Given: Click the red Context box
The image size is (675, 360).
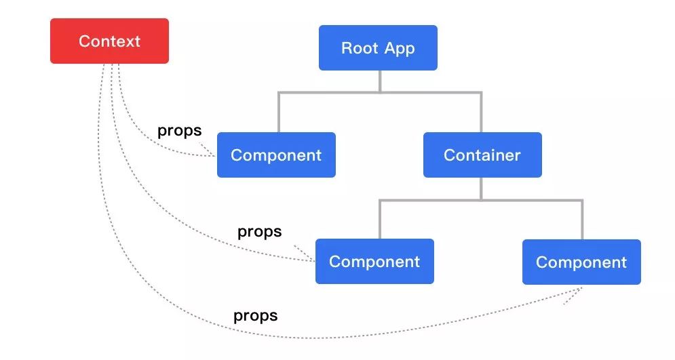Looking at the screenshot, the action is point(109,41).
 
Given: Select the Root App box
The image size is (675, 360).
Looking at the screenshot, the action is point(378,47).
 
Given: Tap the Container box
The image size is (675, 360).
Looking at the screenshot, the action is point(482,155).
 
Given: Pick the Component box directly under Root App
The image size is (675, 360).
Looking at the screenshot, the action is point(276,155).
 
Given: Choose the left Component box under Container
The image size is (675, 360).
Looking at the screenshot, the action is point(374,261).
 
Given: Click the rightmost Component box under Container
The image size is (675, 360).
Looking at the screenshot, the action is point(581,262).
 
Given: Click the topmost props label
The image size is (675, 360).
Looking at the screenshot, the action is point(180,131).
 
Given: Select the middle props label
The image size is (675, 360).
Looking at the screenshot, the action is point(260,232).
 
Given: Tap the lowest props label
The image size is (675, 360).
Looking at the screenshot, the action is point(256,316).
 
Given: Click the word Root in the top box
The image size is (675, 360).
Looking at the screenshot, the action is point(360,47).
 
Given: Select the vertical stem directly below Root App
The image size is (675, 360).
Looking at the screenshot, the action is point(380,81).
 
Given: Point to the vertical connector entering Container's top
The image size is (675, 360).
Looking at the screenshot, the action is point(481,113).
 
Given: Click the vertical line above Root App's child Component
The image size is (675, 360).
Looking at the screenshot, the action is point(279,113).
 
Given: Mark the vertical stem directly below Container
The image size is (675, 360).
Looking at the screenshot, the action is point(481,189).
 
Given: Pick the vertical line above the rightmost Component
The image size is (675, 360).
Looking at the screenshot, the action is point(583,220).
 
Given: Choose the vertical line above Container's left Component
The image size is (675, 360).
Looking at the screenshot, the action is point(380,219).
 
